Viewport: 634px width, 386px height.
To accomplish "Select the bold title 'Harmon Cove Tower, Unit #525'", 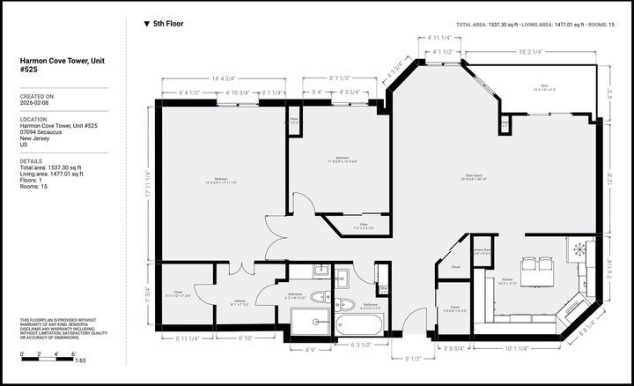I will (x=53, y=65).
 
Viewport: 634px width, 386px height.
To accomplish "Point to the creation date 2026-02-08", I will (x=37, y=104).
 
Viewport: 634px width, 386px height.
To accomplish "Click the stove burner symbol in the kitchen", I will (x=580, y=249).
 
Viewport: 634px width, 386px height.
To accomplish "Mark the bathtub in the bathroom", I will (x=359, y=326).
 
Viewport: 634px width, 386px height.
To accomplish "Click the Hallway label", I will (x=240, y=302).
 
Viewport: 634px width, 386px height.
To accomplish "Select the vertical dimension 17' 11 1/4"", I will (x=147, y=183).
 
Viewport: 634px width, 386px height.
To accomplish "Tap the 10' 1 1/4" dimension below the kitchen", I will (x=516, y=348).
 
